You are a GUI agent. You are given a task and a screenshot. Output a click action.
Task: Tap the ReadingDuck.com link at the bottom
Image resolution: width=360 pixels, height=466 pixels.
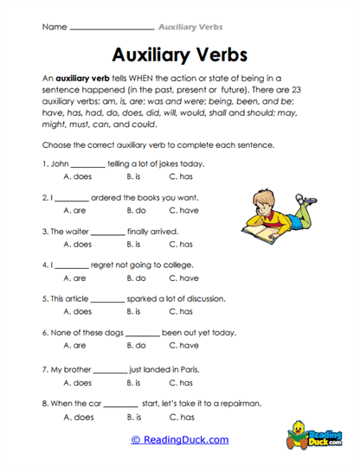tap(179, 439)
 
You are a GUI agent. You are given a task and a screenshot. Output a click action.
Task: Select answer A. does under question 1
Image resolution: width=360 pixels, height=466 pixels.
tap(78, 176)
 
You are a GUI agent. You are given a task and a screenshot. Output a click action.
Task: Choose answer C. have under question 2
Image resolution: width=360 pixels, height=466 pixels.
tap(183, 210)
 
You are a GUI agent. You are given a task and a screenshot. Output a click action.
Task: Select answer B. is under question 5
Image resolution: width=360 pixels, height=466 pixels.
tap(133, 311)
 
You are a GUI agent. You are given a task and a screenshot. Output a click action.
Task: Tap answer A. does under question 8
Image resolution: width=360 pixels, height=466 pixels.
tap(78, 416)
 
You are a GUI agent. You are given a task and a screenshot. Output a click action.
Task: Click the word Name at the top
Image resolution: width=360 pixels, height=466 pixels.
tap(54, 27)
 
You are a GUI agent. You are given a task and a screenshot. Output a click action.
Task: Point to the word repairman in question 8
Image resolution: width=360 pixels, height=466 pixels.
tap(235, 403)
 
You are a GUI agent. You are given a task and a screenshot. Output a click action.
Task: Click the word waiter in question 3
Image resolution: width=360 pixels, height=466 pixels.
tap(76, 231)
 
